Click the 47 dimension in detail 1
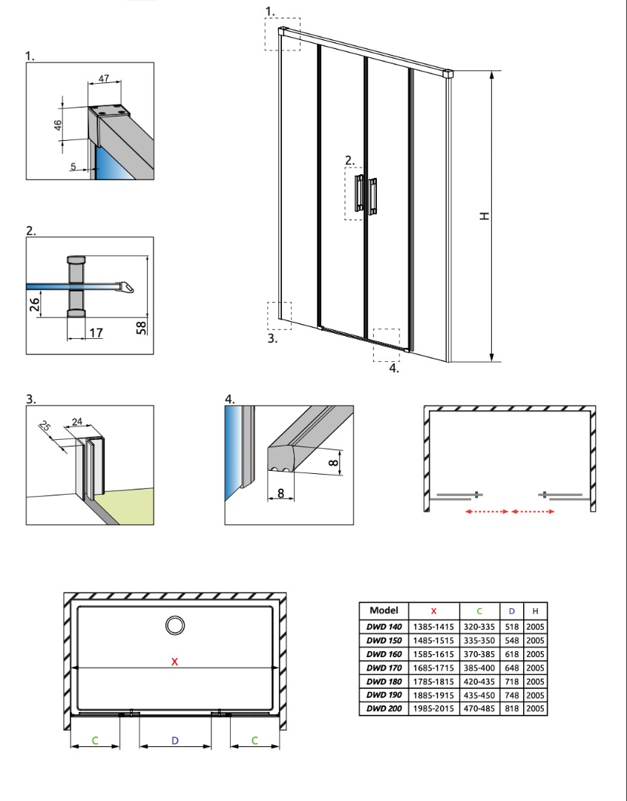[104, 79]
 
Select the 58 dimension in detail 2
[142, 328]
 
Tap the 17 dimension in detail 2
[96, 333]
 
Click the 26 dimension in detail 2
[34, 305]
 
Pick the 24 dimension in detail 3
[77, 421]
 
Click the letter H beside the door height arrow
[484, 216]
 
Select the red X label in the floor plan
[175, 662]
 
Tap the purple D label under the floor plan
[175, 741]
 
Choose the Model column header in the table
[384, 610]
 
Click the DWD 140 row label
[384, 627]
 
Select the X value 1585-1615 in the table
[433, 654]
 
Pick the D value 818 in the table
[511, 708]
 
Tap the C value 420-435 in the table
[479, 682]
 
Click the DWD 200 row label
[384, 708]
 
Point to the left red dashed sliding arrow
[487, 511]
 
